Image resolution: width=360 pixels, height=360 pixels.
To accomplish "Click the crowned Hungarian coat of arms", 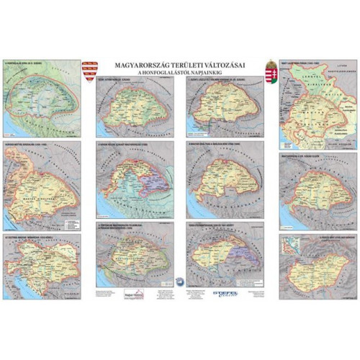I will coord(271,71).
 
